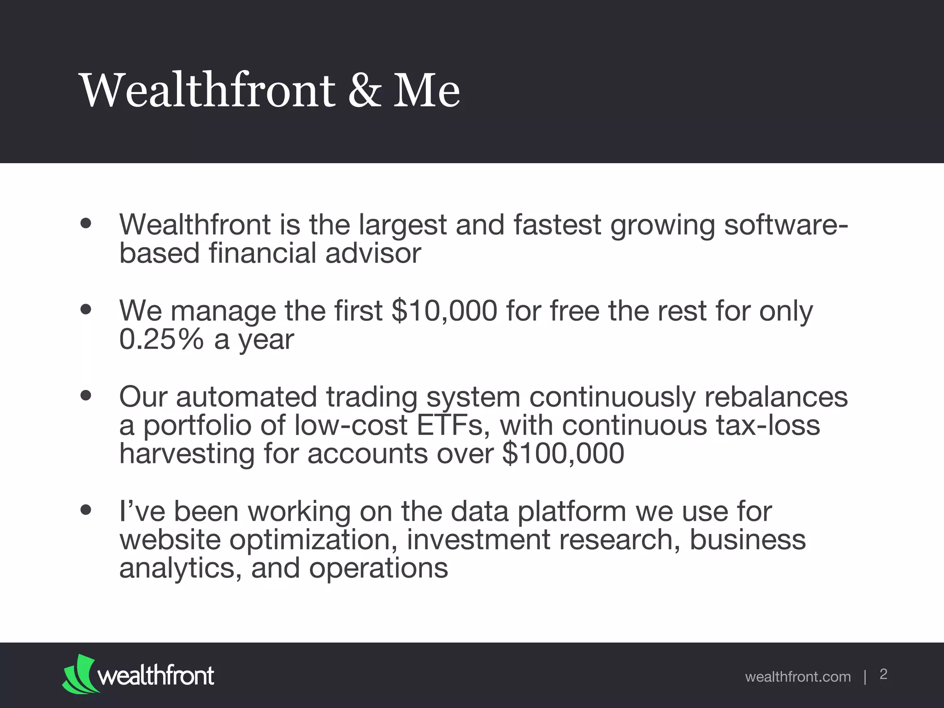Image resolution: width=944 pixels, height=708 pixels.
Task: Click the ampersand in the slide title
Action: point(365,90)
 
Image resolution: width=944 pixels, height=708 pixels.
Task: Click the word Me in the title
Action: point(426,90)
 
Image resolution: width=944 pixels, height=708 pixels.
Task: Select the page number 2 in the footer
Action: point(883,674)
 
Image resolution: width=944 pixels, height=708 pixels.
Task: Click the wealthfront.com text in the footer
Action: point(797,677)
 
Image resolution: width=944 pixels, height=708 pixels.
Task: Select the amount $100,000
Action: point(563,453)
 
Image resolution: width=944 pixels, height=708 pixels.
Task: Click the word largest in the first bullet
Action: point(402,225)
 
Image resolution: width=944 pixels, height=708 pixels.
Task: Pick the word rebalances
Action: point(776,396)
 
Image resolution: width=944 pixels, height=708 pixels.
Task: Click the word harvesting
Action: point(187,454)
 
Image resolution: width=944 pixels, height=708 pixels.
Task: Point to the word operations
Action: point(378,568)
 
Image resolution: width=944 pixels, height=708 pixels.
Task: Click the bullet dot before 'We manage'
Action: point(85,309)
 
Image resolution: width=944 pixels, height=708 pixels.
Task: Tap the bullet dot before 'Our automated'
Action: point(85,395)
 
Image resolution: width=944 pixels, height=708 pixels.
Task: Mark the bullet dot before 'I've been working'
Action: point(85,510)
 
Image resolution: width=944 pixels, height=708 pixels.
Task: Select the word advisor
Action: point(373,253)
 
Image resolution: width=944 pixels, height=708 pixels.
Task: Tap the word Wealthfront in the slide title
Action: point(207,90)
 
